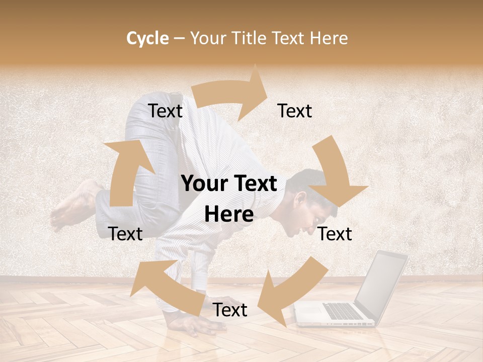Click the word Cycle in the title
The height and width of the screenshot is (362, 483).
(147, 38)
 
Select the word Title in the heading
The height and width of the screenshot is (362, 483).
(250, 38)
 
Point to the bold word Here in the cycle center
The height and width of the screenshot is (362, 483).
(229, 215)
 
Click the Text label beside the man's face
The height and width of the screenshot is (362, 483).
(335, 234)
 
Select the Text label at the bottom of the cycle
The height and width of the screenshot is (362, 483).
(230, 310)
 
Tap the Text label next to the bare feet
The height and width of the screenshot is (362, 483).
(125, 234)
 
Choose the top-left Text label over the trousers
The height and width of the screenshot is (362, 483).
(165, 111)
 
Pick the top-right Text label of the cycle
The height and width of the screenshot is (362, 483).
(295, 111)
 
